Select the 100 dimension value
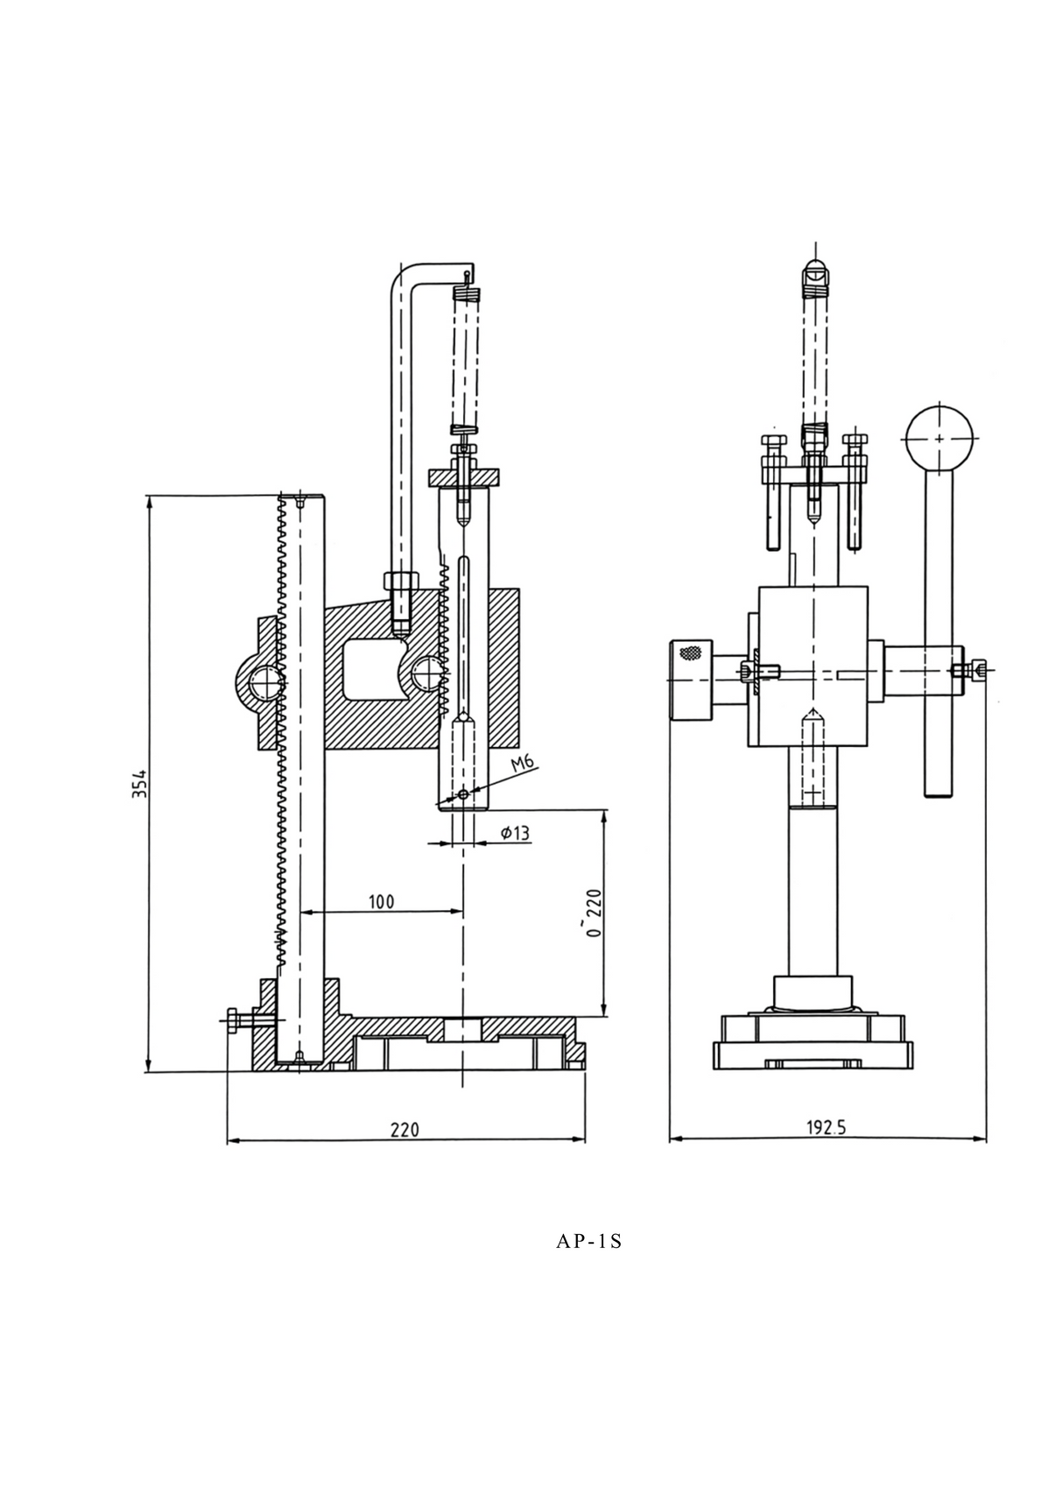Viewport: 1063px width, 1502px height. tap(381, 901)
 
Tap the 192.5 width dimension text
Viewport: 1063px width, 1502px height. tap(826, 1127)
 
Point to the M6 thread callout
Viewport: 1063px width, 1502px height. tap(523, 763)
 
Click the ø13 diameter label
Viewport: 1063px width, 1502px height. tap(516, 833)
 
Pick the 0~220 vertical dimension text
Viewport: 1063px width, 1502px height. tap(595, 913)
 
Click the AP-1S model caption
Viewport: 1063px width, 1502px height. tap(588, 1241)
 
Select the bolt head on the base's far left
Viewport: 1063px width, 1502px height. tap(232, 1021)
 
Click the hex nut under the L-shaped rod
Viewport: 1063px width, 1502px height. tap(402, 582)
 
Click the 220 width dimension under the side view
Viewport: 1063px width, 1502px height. tap(405, 1129)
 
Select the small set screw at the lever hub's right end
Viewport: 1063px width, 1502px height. tap(977, 670)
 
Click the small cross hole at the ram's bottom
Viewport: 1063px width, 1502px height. tap(463, 794)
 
